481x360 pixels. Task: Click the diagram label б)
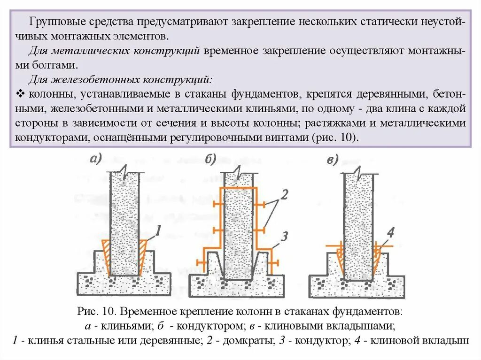[x=209, y=160]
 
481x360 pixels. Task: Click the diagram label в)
[x=333, y=161]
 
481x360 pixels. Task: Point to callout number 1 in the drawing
[x=158, y=230]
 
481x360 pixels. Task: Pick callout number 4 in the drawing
[x=390, y=232]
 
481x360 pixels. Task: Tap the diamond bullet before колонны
[x=20, y=93]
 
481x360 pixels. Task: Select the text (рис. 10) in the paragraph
[x=334, y=138]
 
